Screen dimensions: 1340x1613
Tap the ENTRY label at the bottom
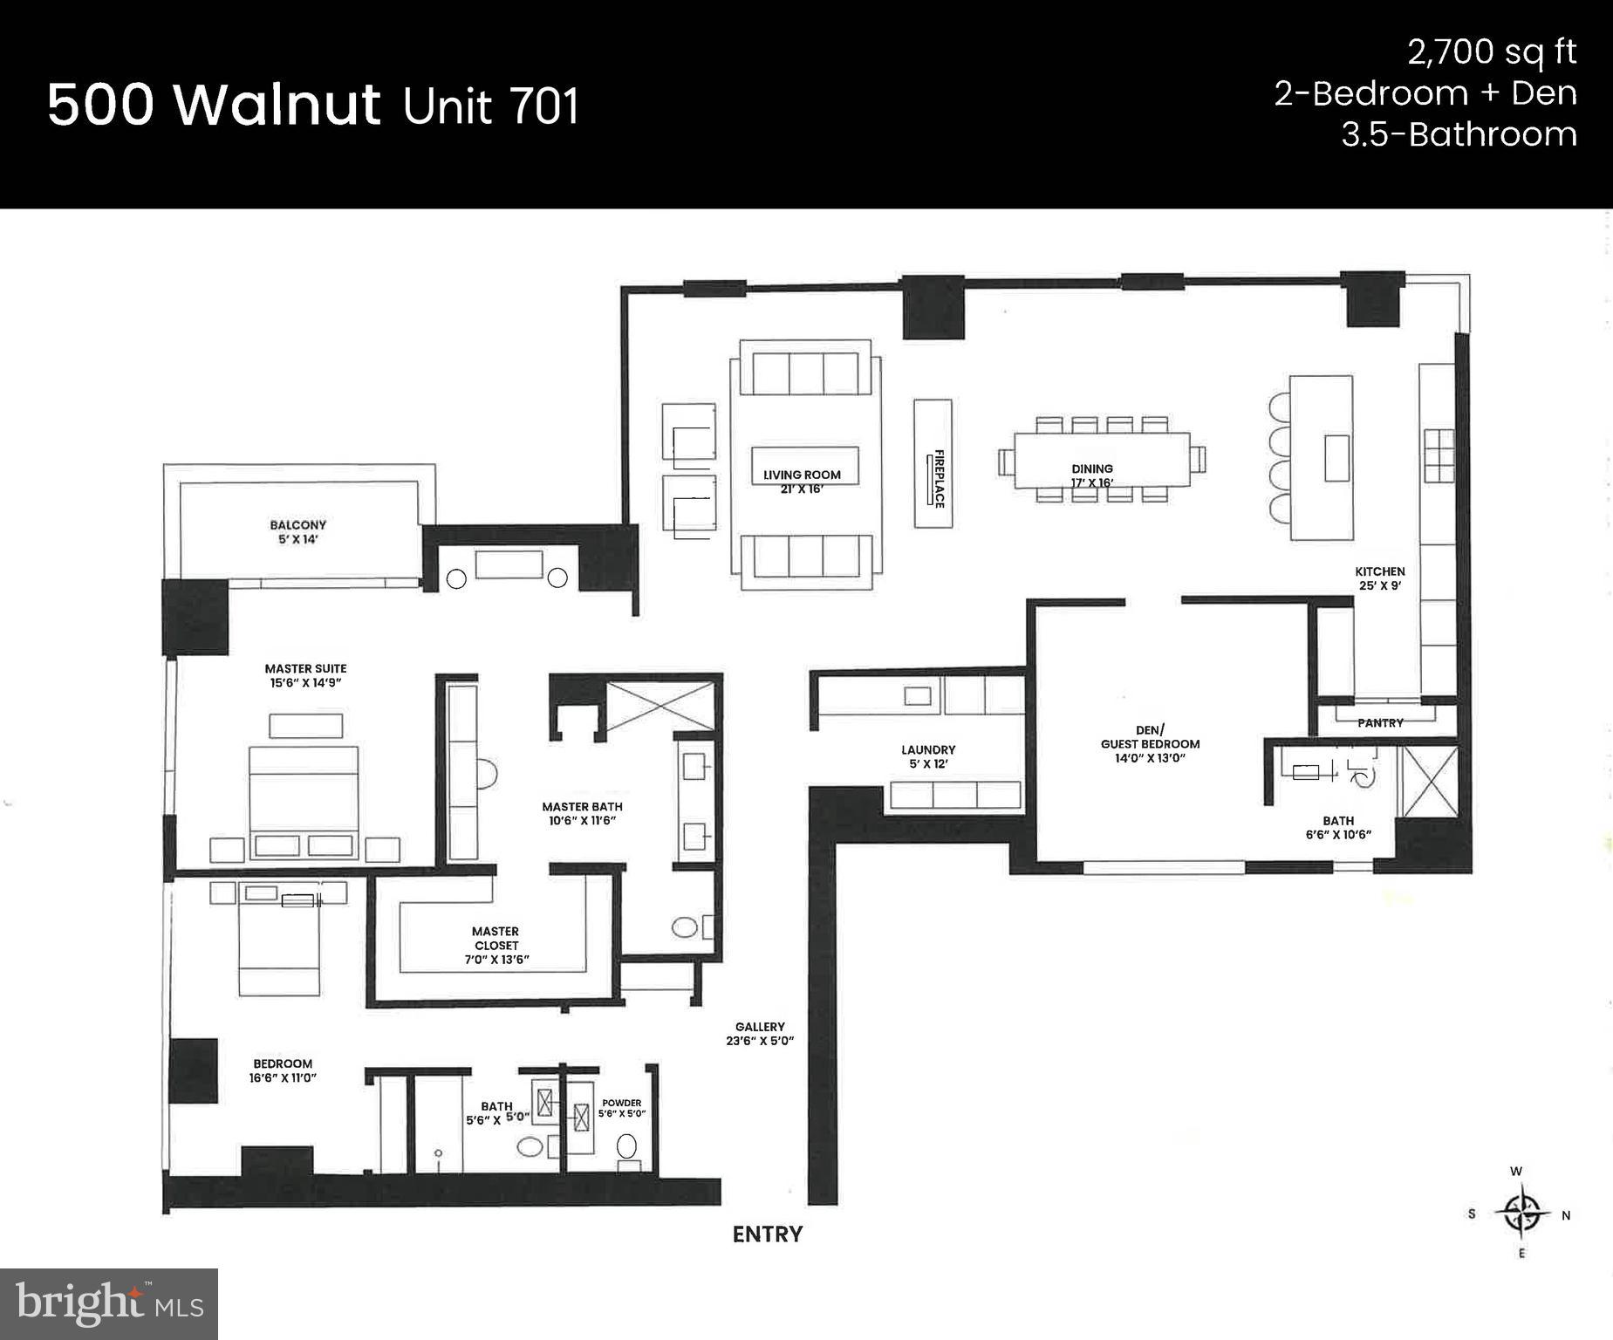pyautogui.click(x=767, y=1234)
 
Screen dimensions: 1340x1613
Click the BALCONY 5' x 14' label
pyautogui.click(x=297, y=532)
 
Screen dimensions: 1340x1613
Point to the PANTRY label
pyautogui.click(x=1380, y=723)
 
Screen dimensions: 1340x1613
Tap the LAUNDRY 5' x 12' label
pyautogui.click(x=928, y=756)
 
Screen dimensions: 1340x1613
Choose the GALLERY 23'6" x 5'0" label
pyautogui.click(x=759, y=1034)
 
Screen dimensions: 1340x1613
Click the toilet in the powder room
pyautogui.click(x=627, y=1146)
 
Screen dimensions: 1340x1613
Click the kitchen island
pyautogui.click(x=1322, y=457)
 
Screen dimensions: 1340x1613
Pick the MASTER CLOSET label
pyautogui.click(x=496, y=945)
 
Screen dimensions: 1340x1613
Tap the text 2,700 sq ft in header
pyautogui.click(x=1491, y=53)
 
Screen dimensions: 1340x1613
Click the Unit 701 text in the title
pyautogui.click(x=491, y=106)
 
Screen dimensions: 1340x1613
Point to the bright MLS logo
pyautogui.click(x=109, y=1303)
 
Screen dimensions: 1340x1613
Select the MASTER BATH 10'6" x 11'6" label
pyautogui.click(x=582, y=813)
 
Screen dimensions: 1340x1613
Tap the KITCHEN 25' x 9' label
pyautogui.click(x=1379, y=578)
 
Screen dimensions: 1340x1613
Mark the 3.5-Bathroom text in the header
pyautogui.click(x=1459, y=135)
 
